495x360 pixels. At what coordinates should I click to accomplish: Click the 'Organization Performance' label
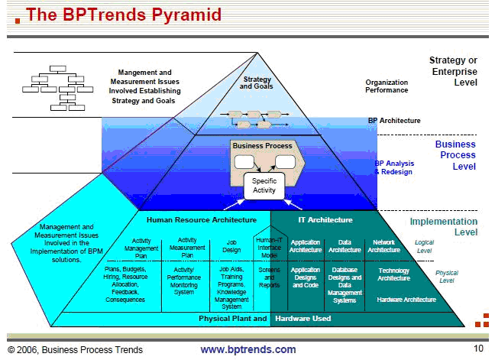[387, 86]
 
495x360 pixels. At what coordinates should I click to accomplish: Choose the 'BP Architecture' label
[394, 121]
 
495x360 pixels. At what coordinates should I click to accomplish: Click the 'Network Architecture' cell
[383, 246]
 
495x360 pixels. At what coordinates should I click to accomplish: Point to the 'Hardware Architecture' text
[406, 300]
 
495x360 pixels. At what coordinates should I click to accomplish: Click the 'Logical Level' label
[424, 246]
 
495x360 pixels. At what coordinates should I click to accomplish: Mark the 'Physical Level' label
[447, 276]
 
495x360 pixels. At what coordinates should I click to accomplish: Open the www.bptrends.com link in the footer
[247, 349]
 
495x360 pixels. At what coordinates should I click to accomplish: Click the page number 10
[478, 349]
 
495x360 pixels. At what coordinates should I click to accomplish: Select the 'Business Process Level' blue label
[455, 154]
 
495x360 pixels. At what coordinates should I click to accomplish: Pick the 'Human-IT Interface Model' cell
[269, 246]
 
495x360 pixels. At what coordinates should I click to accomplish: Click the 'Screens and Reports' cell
[269, 277]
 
